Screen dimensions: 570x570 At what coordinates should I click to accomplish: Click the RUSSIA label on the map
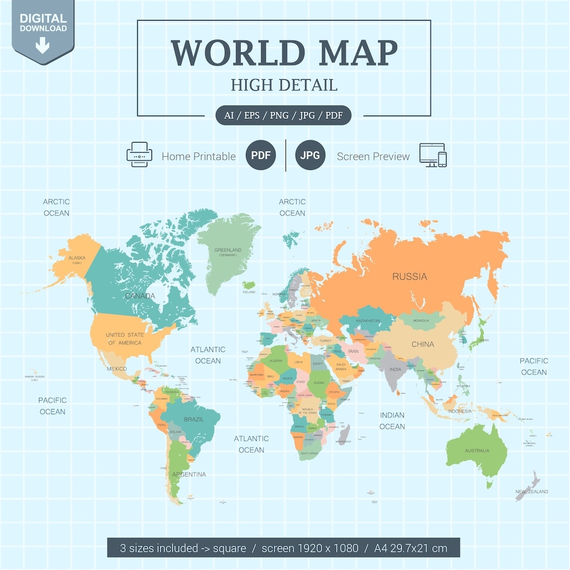click(x=410, y=277)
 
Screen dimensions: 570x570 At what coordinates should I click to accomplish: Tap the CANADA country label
click(x=140, y=296)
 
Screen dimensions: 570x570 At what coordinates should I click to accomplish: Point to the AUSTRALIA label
click(x=477, y=451)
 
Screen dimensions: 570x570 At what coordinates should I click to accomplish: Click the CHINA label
click(x=423, y=344)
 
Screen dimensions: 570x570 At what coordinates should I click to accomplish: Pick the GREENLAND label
click(x=228, y=250)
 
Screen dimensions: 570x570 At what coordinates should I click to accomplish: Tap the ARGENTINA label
click(x=189, y=474)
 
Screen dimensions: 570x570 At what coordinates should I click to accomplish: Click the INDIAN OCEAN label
click(x=392, y=421)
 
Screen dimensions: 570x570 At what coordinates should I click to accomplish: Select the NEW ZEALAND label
click(x=531, y=492)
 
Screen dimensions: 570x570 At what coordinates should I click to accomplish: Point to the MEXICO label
click(x=117, y=368)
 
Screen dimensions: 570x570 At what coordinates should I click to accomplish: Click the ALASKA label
click(x=77, y=258)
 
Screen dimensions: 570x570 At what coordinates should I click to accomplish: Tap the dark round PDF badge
click(x=261, y=156)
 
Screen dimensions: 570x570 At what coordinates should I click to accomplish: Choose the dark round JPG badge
click(x=310, y=156)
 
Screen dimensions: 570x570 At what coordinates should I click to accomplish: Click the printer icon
click(x=139, y=155)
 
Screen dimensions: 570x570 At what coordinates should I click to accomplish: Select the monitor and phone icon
click(x=433, y=155)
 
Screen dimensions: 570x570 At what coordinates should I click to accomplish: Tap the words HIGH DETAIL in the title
click(x=284, y=85)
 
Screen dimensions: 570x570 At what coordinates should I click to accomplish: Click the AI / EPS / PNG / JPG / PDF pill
click(x=283, y=115)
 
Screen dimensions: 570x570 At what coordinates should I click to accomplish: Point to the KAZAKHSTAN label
click(x=368, y=321)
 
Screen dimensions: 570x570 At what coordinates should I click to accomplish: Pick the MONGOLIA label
click(x=421, y=320)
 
